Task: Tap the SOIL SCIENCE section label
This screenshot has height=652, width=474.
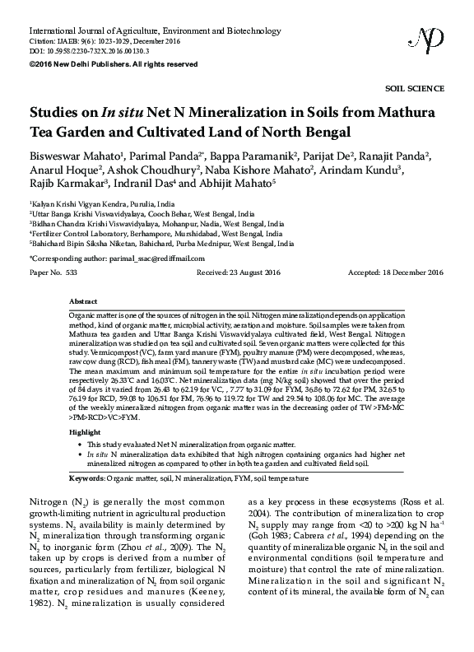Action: [x=415, y=88]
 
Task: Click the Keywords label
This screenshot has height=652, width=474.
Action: [x=86, y=477]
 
